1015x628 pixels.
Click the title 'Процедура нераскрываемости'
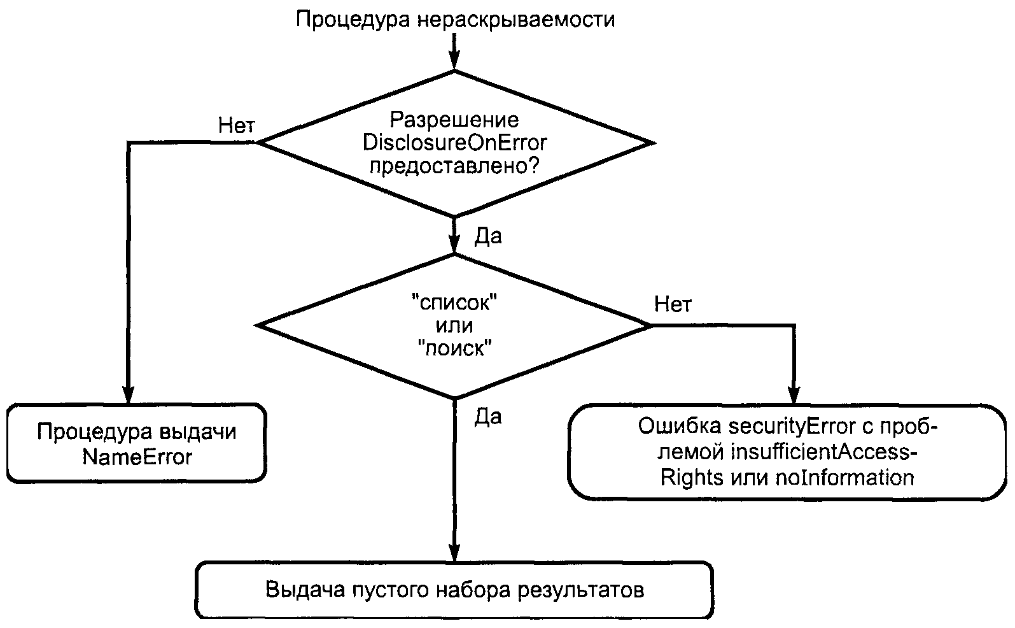[454, 19]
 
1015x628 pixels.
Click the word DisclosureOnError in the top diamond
[454, 143]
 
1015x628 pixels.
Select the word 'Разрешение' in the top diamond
[454, 120]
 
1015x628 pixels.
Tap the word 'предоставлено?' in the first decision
[454, 166]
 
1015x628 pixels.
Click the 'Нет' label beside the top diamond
[236, 125]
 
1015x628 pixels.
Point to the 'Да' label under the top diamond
[488, 236]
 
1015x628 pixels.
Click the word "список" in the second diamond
[454, 303]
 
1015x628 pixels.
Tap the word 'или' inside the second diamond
[454, 326]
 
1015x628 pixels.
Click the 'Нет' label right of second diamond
[673, 304]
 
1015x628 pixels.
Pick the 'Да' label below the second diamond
[488, 417]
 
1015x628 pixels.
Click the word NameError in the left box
[137, 457]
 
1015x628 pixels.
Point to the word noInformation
[844, 477]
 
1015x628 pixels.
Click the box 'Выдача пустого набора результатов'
[454, 590]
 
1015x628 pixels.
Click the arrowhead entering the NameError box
[128, 395]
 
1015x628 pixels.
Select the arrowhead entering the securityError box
[793, 395]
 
